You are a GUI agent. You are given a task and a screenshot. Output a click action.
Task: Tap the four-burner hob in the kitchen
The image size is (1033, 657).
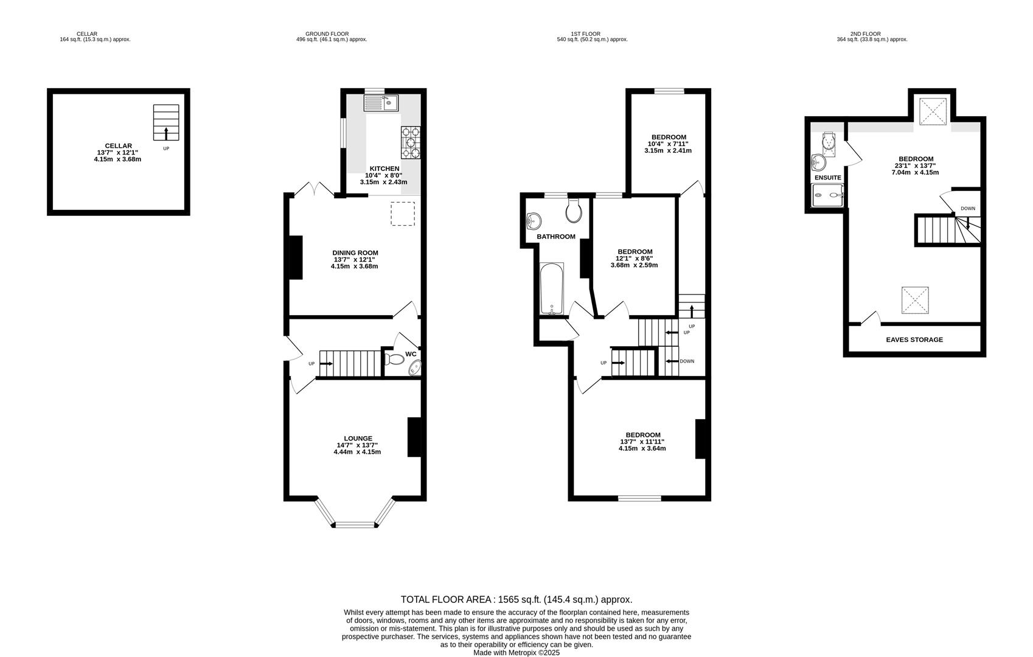411,142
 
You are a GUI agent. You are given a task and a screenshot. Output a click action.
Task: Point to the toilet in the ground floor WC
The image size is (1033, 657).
395,360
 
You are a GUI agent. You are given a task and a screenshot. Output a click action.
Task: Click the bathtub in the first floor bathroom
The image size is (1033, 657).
552,288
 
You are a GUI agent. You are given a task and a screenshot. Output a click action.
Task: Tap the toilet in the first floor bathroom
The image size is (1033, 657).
574,211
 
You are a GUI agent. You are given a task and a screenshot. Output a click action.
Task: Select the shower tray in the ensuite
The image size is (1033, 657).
828,195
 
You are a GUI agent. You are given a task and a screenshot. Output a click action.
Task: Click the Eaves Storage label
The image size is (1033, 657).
914,339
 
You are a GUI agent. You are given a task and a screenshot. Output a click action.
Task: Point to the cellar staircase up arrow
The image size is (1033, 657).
166,133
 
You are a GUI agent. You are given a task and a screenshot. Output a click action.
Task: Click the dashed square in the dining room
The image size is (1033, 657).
403,214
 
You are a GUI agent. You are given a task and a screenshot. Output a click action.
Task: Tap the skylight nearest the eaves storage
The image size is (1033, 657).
915,300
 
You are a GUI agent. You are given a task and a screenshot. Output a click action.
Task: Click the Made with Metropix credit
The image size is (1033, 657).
516,653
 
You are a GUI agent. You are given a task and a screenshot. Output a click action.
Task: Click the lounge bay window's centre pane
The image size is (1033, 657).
355,524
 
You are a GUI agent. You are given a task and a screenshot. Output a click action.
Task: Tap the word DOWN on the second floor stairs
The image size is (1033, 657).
967,209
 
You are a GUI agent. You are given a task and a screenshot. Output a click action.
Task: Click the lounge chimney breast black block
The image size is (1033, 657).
414,437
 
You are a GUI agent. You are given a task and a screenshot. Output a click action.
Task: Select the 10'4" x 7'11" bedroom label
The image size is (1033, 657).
668,144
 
